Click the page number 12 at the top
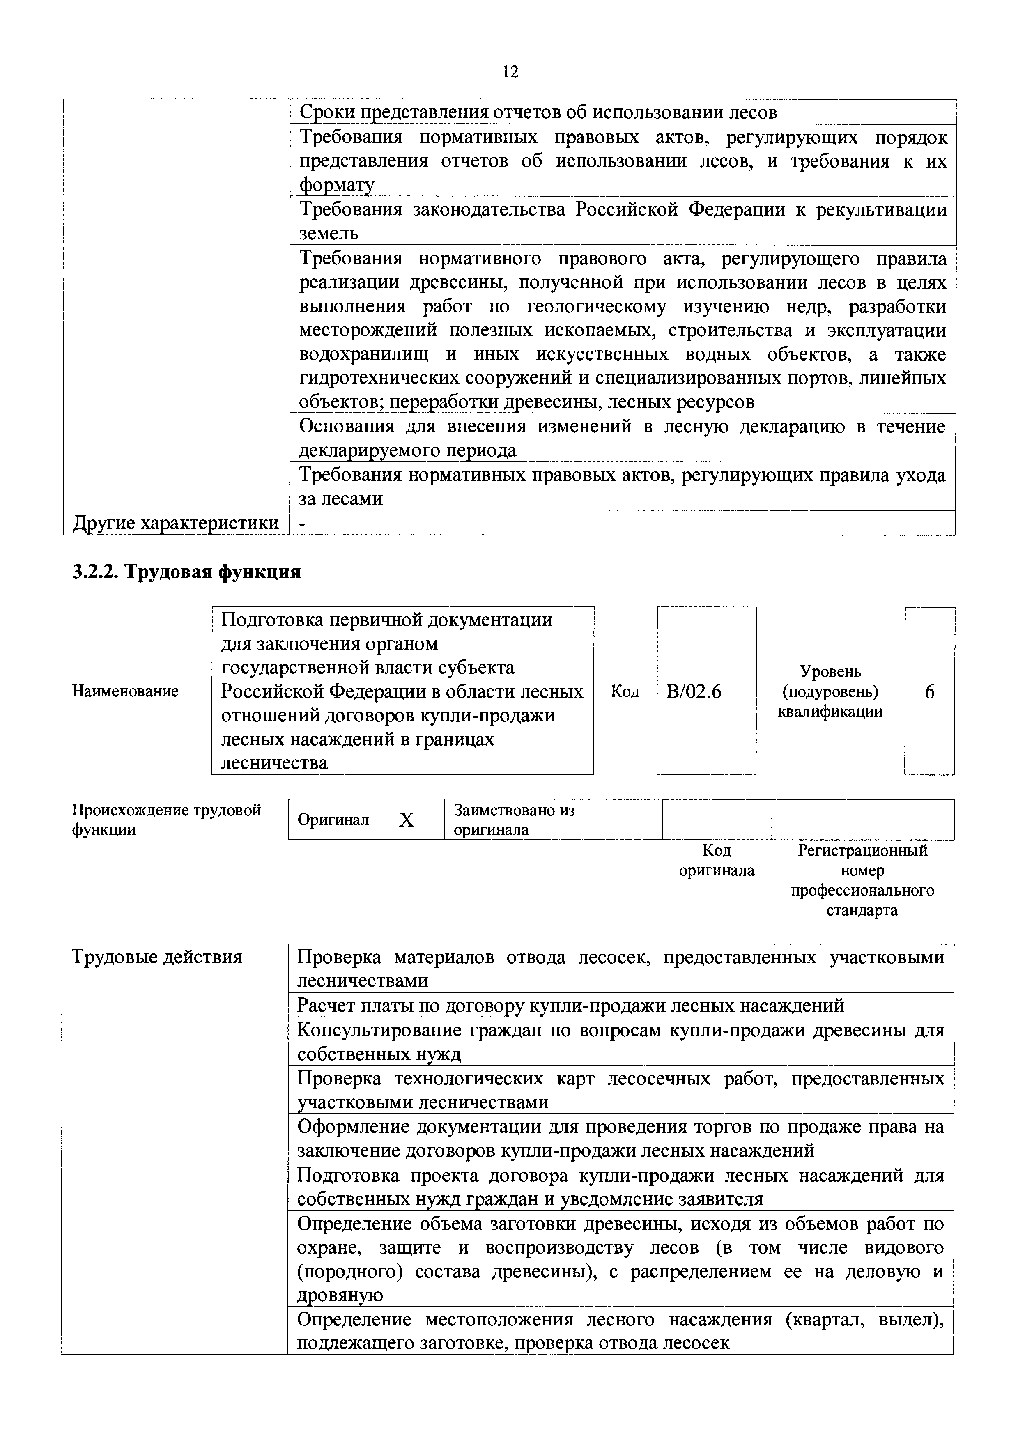[x=510, y=71]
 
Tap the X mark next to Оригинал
[x=407, y=820]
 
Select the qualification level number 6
[x=930, y=691]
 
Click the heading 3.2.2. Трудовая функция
[x=186, y=571]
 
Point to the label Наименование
[x=125, y=691]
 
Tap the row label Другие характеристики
[x=176, y=522]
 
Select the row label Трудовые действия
[x=157, y=957]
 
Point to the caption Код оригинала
[x=717, y=861]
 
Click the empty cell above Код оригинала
[x=717, y=819]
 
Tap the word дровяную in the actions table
[x=340, y=1295]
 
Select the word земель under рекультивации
[x=329, y=233]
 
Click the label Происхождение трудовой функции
[x=166, y=820]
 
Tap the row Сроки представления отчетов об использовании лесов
[x=538, y=112]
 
